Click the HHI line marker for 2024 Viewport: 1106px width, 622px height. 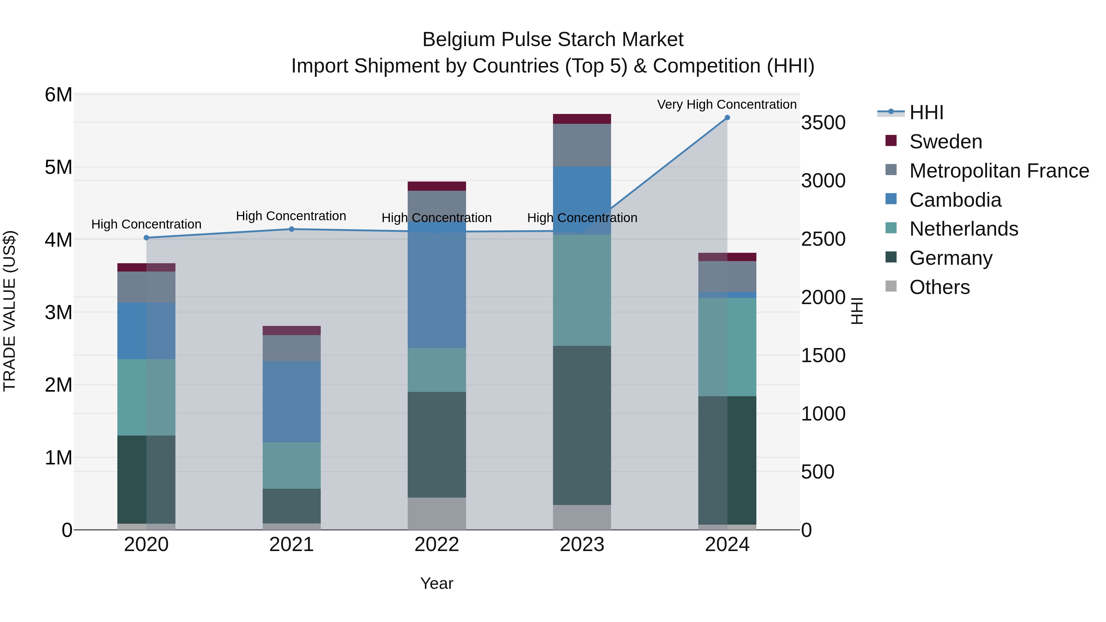click(x=727, y=118)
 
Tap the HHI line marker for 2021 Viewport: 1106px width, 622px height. click(x=292, y=229)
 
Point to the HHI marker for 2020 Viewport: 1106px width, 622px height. click(x=147, y=238)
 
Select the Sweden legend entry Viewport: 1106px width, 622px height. click(x=945, y=142)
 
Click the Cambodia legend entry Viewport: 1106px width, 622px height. click(x=955, y=200)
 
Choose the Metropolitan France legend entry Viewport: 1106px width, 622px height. click(x=999, y=171)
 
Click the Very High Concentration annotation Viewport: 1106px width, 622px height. click(x=727, y=104)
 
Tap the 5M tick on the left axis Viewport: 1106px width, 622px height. click(x=58, y=167)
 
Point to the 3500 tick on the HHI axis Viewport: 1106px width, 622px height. click(x=823, y=123)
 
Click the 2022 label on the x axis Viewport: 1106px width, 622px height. click(x=437, y=545)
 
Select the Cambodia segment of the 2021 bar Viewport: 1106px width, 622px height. click(x=292, y=401)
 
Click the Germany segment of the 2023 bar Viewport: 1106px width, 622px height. click(x=582, y=425)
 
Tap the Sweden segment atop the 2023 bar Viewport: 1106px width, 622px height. click(x=582, y=119)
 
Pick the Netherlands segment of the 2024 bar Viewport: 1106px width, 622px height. click(x=727, y=347)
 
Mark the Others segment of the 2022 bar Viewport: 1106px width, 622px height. click(x=437, y=513)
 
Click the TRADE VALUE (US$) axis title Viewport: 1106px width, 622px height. click(x=10, y=311)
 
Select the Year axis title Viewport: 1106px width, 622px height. click(x=437, y=583)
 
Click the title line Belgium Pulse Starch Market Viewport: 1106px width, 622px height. click(x=553, y=40)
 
